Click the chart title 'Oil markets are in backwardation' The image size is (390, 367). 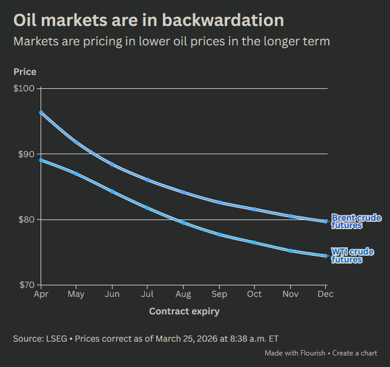click(148, 20)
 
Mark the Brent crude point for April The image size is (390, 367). click(41, 112)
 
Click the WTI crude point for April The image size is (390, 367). click(41, 160)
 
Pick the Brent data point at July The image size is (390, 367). click(147, 180)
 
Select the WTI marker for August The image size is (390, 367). click(183, 222)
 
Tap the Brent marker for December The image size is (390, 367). click(326, 221)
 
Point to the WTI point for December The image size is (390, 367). click(326, 256)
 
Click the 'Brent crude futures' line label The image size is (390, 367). click(356, 221)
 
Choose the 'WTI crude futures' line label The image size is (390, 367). click(352, 256)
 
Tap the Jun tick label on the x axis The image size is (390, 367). click(112, 294)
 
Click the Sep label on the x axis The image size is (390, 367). click(219, 294)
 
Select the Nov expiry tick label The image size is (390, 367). click(290, 294)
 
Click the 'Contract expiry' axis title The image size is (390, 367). click(184, 311)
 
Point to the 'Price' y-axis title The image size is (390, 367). click(25, 72)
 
